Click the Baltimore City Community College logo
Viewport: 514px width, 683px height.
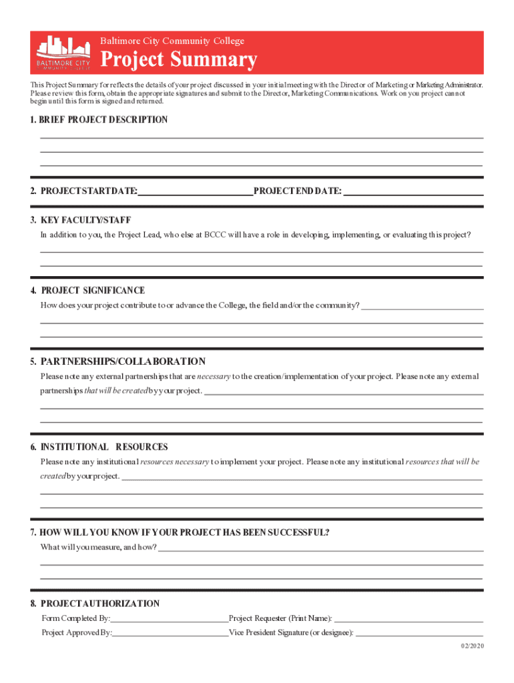coord(63,53)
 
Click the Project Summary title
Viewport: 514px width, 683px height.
coord(178,60)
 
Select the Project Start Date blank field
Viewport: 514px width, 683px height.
coord(195,191)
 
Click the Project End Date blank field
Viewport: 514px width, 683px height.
coord(413,191)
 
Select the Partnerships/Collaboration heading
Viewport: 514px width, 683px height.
coord(123,362)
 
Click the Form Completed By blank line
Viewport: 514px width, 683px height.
coord(170,619)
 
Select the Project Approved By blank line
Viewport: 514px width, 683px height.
coord(170,632)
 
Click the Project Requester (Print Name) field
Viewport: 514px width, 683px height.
coord(409,619)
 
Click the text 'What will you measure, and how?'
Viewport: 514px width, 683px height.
coord(99,548)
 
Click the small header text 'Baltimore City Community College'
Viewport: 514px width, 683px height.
coord(172,41)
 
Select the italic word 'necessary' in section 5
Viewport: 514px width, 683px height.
coord(214,377)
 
